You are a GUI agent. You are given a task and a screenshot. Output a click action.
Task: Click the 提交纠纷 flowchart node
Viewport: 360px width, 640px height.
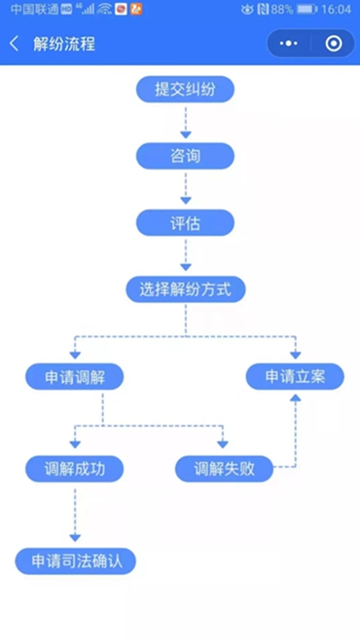[x=185, y=89]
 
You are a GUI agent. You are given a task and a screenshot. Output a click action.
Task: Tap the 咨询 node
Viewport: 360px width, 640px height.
[x=185, y=156]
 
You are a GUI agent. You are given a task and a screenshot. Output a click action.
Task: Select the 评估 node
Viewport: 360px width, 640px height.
[x=185, y=223]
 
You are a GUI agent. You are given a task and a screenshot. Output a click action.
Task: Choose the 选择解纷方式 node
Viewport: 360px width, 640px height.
[x=185, y=290]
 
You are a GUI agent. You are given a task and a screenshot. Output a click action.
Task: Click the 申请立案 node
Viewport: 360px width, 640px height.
[x=295, y=377]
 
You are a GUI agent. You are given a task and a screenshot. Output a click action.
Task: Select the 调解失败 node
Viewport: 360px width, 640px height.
[x=223, y=468]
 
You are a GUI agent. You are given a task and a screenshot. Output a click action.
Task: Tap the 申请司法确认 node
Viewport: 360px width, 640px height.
[x=75, y=560]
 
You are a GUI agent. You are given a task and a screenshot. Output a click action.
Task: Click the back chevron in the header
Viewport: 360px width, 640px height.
[x=14, y=45]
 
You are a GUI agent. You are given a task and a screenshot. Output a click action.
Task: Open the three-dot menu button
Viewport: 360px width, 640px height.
[x=289, y=45]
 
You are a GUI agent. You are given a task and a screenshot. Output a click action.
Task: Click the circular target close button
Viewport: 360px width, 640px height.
[x=333, y=45]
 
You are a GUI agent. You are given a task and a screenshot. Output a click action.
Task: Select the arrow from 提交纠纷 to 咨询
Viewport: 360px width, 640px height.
[x=185, y=122]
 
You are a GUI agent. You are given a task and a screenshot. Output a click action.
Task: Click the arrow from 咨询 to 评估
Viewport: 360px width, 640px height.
[x=185, y=189]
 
